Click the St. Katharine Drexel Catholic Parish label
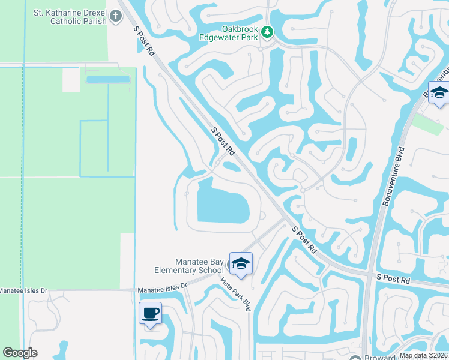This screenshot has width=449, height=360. pyautogui.click(x=70, y=16)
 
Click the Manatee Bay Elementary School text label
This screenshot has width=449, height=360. pyautogui.click(x=191, y=266)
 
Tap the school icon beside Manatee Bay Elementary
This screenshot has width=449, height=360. pyautogui.click(x=240, y=263)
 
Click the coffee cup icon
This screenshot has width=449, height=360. pyautogui.click(x=150, y=312)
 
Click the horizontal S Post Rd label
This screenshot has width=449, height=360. pyautogui.click(x=393, y=280)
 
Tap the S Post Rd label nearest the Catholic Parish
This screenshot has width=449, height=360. pyautogui.click(x=142, y=40)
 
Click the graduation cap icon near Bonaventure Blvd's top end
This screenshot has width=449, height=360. pyautogui.click(x=439, y=93)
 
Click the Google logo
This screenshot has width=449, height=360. pyautogui.click(x=20, y=353)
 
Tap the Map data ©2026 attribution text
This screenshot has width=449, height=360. pyautogui.click(x=424, y=355)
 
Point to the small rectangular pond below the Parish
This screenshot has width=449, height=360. pyautogui.click(x=108, y=79)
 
